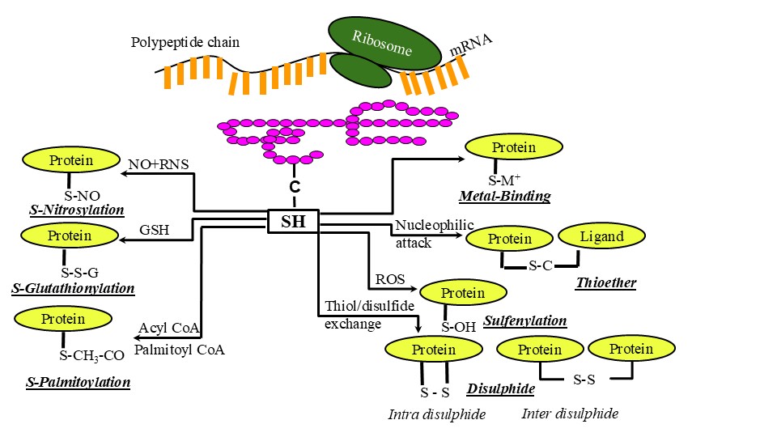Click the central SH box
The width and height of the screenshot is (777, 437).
coord(293,221)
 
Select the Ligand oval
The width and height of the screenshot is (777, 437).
coord(602,236)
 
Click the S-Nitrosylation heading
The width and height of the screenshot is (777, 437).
coord(77,210)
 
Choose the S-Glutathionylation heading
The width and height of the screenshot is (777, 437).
coord(73,288)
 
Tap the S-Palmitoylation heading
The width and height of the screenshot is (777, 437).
coord(78,382)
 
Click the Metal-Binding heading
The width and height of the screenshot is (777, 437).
coord(504,197)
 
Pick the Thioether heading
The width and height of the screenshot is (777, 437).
coord(605,283)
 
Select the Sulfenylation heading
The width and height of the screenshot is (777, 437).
coord(524,321)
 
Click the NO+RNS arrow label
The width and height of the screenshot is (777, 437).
coord(159,164)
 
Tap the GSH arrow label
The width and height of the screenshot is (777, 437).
coord(153,229)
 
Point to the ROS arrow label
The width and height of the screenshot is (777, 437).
coord(385,280)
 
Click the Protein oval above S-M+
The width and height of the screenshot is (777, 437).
coord(514,147)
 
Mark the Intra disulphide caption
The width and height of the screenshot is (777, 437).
coord(436,415)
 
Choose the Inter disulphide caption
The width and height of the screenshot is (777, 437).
coord(570,414)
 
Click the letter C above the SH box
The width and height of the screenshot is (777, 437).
coord(295,187)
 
